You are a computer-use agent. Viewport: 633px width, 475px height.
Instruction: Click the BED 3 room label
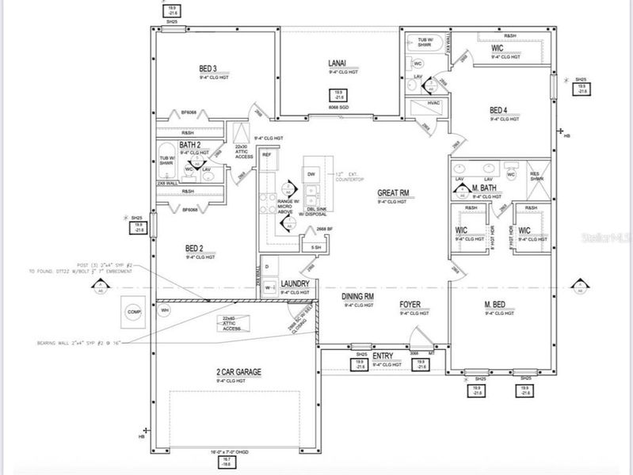208,70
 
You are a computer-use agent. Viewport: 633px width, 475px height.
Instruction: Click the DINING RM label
357,297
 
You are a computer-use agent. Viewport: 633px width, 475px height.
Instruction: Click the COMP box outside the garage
132,311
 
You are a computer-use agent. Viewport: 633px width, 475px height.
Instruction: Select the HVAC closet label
433,104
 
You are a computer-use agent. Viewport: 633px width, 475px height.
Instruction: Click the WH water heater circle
166,310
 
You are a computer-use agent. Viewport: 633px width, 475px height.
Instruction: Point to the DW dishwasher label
311,173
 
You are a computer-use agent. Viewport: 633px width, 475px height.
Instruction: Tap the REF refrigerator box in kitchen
267,154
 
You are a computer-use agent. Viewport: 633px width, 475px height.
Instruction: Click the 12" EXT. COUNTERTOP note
347,177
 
